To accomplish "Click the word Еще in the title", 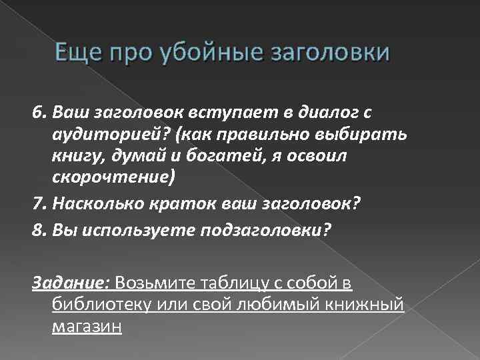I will click(74, 53).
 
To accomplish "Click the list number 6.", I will click(38, 109).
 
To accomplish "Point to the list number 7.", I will click(38, 203).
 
